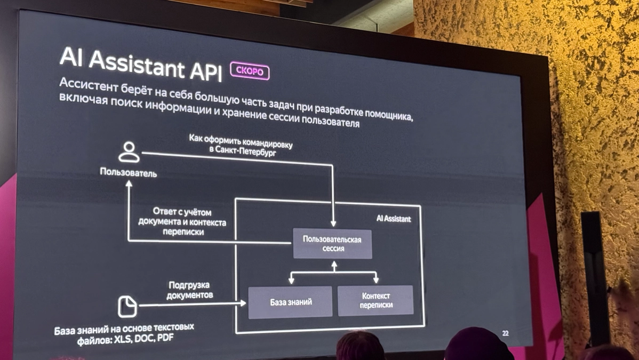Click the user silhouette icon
click(129, 152)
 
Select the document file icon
click(127, 307)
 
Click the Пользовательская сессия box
click(332, 244)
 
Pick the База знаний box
click(290, 302)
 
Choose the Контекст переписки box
click(376, 300)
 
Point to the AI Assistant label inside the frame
click(394, 219)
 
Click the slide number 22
click(505, 333)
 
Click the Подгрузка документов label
click(190, 290)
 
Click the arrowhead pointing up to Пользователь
click(129, 184)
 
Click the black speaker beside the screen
click(595, 277)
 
